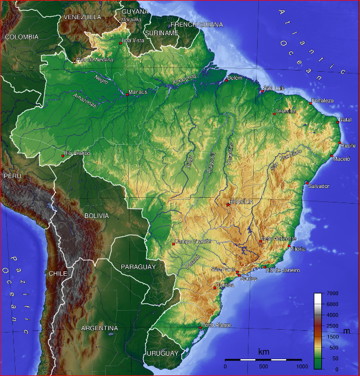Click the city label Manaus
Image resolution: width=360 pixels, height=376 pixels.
point(139,91)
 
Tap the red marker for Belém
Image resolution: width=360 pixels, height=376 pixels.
point(226,81)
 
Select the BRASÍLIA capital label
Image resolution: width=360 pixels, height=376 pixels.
point(242,202)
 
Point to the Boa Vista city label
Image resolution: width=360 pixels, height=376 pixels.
point(133,40)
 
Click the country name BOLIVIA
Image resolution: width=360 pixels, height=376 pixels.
point(97,215)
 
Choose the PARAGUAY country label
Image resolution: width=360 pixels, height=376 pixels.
point(138,267)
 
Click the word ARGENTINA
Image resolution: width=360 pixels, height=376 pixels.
point(99,328)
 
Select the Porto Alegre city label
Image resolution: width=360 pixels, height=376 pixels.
point(217,325)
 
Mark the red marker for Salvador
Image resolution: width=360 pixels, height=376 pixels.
point(307,183)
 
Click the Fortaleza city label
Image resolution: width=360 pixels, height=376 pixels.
point(323,101)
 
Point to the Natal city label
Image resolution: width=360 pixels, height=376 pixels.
point(346,119)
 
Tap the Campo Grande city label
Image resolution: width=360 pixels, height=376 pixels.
point(193,241)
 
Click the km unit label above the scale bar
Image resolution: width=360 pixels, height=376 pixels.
point(263,352)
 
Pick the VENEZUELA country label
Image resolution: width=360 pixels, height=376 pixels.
point(82,17)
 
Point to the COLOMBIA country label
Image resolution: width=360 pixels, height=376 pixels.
point(21,36)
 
